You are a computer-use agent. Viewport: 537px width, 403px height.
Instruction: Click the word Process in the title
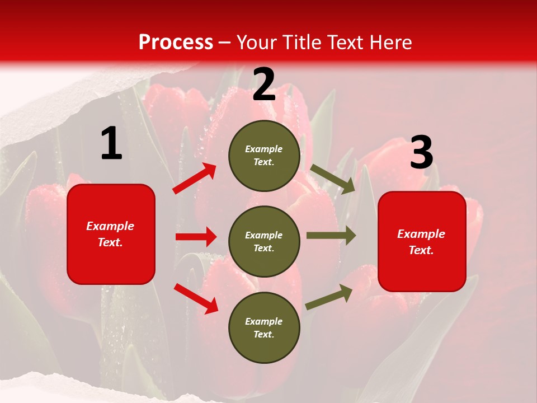176,43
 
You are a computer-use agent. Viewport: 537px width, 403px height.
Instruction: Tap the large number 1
111,144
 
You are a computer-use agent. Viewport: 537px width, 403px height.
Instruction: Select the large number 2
264,85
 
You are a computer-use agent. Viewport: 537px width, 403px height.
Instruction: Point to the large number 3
421,153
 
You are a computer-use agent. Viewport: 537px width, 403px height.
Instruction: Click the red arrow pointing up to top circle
195,179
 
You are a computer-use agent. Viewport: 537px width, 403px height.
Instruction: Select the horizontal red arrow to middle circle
196,237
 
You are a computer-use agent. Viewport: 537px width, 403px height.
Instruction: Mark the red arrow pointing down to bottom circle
196,298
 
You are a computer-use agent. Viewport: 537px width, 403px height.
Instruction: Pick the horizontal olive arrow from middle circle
331,236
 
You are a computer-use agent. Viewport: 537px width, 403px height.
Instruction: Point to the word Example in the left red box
110,226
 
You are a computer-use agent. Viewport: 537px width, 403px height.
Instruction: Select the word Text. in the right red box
421,250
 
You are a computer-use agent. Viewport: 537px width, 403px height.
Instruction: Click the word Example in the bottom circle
263,321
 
